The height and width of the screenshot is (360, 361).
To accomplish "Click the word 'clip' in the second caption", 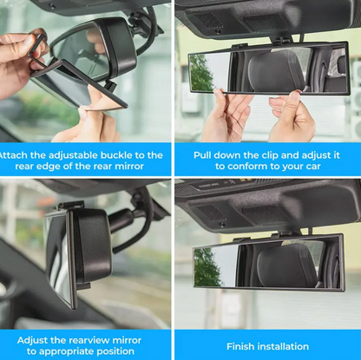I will (x=282, y=154).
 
